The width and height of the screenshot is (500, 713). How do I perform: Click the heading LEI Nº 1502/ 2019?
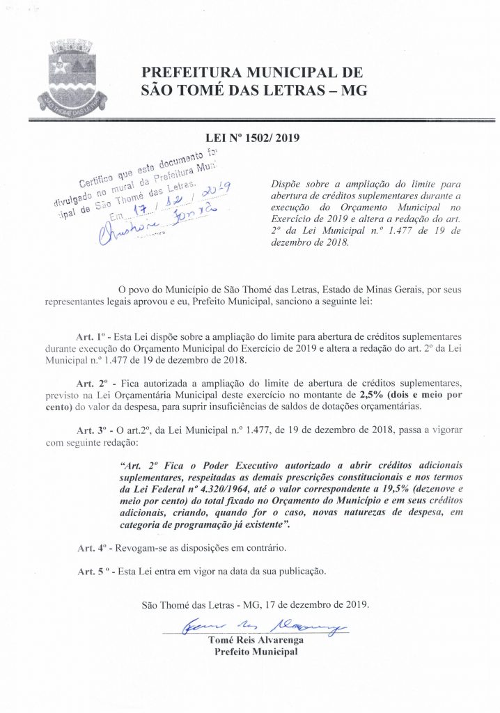point(252,139)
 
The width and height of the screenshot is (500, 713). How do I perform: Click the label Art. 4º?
point(91,549)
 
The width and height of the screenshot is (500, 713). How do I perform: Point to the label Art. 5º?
point(91,572)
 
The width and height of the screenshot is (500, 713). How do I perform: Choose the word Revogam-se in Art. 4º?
point(143,549)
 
